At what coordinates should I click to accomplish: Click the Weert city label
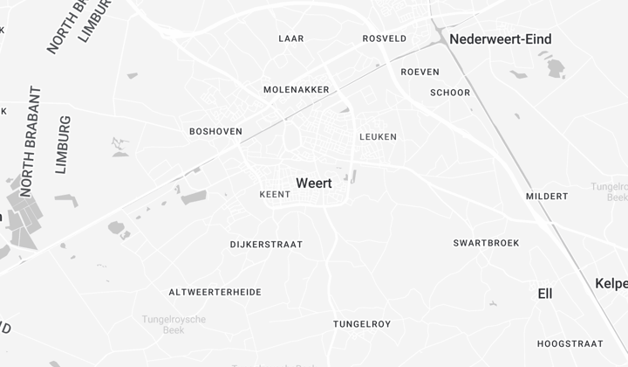[314, 183]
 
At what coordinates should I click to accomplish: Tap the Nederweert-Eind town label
[500, 39]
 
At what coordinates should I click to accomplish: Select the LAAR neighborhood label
[291, 38]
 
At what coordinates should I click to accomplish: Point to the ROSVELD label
[385, 38]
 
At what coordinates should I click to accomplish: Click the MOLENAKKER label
[297, 89]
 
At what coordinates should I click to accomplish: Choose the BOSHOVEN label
[215, 131]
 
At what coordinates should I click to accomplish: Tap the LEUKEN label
[378, 136]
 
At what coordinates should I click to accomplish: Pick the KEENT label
[275, 194]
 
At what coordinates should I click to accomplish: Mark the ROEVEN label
[420, 72]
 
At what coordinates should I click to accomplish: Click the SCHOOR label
[450, 93]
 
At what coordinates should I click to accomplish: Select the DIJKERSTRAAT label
[266, 245]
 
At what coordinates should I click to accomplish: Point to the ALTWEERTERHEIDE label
[215, 292]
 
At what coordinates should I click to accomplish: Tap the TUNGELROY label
[362, 324]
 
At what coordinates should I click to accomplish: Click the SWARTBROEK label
[486, 242]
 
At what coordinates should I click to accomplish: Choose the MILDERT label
[547, 196]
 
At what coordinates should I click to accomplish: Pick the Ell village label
[545, 294]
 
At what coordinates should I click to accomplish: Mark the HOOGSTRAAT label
[570, 343]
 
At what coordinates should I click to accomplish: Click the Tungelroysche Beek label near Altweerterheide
[174, 324]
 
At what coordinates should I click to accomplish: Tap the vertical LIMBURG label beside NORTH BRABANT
[62, 144]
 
